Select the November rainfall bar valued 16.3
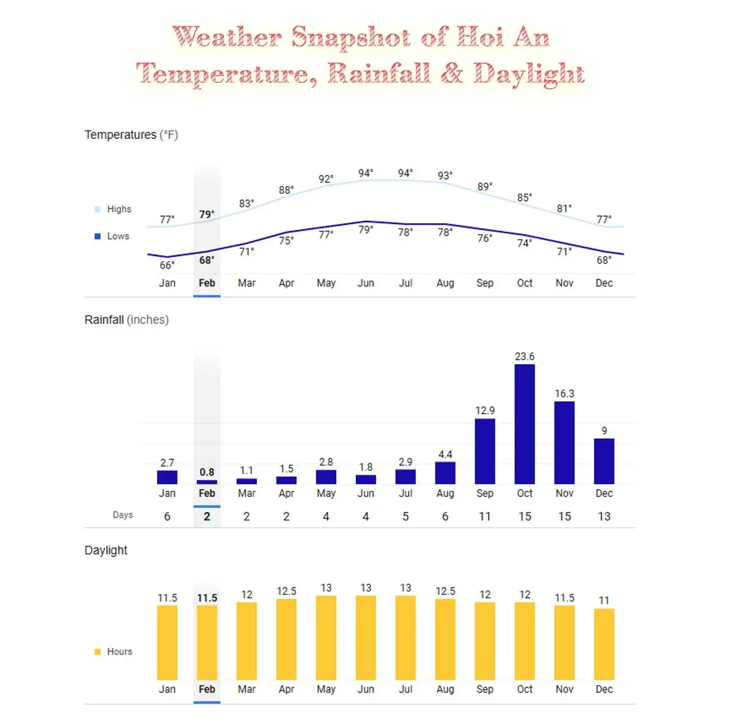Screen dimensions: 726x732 point(564,443)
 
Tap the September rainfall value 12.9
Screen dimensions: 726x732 point(485,410)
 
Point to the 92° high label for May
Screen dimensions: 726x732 point(326,179)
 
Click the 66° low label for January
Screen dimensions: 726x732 point(167,265)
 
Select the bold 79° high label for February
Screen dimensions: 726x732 point(207,215)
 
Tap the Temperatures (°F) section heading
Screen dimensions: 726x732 point(131,135)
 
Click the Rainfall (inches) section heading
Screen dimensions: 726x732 point(126,319)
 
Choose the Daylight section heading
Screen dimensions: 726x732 point(106,550)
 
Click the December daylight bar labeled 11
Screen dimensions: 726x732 point(604,644)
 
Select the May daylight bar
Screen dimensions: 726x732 point(326,638)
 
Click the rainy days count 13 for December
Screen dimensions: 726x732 point(604,516)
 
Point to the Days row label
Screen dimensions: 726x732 point(123,515)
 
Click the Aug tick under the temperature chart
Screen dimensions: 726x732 point(445,283)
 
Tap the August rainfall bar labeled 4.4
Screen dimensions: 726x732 point(445,473)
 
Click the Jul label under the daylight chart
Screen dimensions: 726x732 point(406,689)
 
